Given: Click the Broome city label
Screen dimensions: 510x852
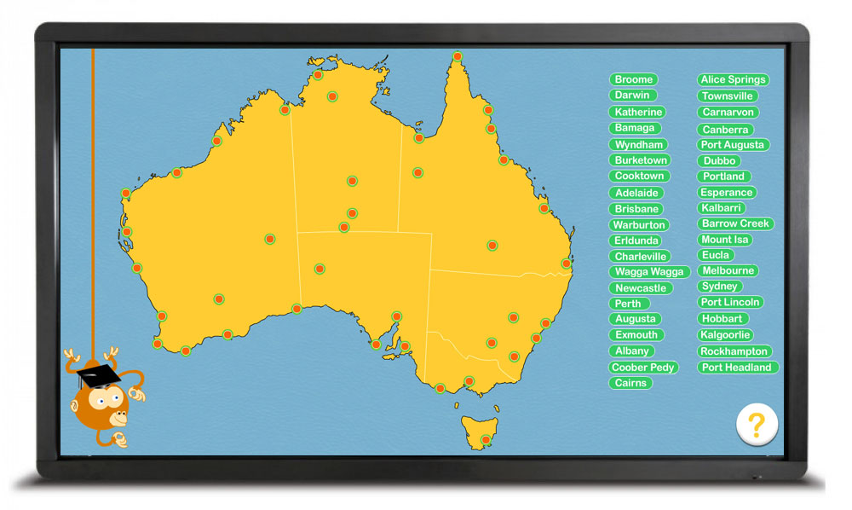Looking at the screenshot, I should tap(633, 79).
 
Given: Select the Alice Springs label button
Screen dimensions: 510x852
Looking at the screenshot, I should tap(733, 79).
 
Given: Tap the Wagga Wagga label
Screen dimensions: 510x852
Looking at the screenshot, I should tap(650, 272).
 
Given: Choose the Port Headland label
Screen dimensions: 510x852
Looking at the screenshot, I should tap(737, 368).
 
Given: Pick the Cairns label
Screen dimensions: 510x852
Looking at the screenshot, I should tap(630, 384).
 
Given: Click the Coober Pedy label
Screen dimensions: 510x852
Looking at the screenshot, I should tap(643, 368).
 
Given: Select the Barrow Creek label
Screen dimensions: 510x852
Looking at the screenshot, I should tap(735, 223).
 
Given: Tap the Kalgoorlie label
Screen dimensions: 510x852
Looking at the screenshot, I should tap(725, 335).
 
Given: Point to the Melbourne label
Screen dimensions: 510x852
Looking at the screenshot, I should tap(727, 271).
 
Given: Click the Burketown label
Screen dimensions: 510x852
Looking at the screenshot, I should tap(641, 160).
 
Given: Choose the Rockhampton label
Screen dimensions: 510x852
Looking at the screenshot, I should tap(734, 351).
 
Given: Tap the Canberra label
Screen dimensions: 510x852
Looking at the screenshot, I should tap(725, 130).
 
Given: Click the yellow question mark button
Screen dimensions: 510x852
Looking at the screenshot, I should tap(757, 424).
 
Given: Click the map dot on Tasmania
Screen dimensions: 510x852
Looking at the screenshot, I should tap(485, 440).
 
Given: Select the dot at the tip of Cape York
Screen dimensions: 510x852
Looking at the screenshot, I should tap(458, 57).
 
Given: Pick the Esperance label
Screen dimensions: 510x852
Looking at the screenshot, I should tap(726, 193).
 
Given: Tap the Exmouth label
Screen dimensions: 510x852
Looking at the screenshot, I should tap(636, 335).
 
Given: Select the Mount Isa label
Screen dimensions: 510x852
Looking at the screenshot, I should tap(725, 240).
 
